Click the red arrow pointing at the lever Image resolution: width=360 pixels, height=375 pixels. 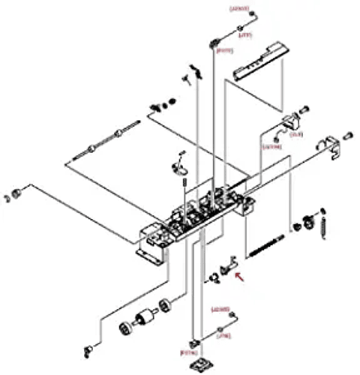(240, 276)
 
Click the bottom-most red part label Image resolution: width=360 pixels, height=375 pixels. (187, 352)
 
